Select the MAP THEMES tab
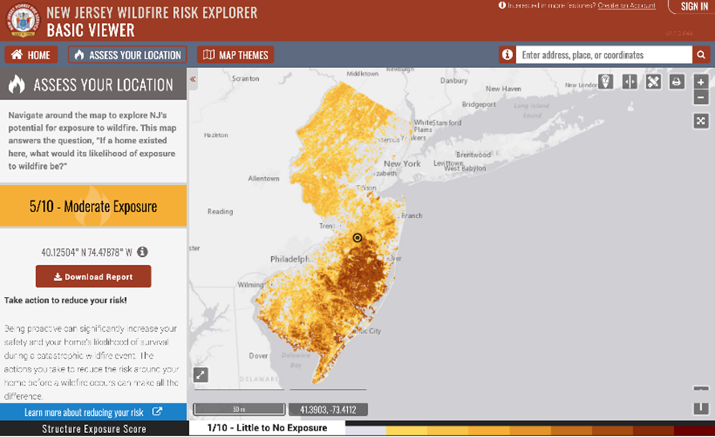[236, 55]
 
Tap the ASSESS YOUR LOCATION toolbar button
[127, 55]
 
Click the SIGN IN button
[693, 6]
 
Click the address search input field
[604, 55]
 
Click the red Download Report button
[93, 277]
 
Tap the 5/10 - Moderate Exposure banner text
[93, 206]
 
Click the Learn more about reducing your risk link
[93, 412]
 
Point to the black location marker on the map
[357, 238]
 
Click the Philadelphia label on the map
[289, 259]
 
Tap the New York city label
[402, 163]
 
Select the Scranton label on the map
[245, 79]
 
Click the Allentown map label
[263, 178]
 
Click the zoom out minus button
[701, 97]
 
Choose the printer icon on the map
[677, 82]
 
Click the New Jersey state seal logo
[22, 21]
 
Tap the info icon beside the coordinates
[142, 252]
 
